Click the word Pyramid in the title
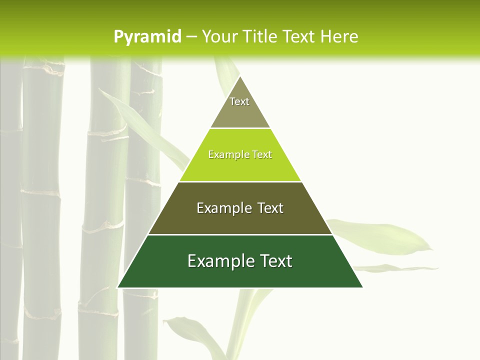coord(147,37)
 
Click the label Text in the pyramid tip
coord(239,101)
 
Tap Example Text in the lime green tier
coord(240,155)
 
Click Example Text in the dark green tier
coord(240,261)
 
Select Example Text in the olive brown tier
coord(240,208)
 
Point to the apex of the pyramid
coord(240,77)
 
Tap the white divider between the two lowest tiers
coord(240,234)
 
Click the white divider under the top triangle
coord(240,128)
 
